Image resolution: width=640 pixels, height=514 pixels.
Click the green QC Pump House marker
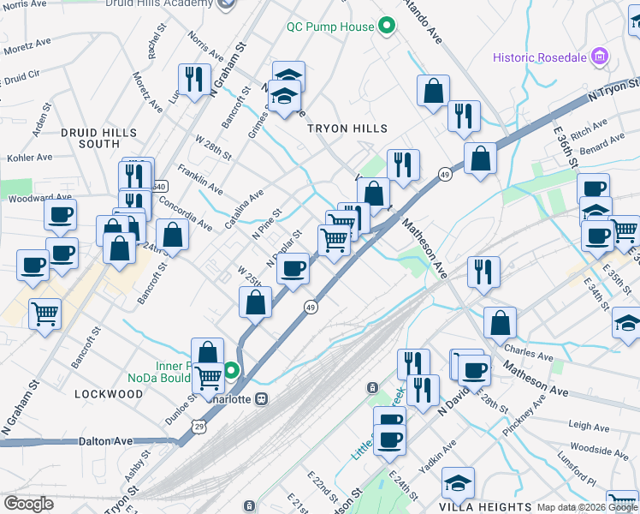pos(386,26)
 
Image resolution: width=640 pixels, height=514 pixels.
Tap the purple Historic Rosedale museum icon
pos(601,57)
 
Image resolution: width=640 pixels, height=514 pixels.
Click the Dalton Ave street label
pos(106,440)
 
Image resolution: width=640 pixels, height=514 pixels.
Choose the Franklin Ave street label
pos(200,180)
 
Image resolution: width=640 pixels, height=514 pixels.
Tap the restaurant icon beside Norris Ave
pos(194,79)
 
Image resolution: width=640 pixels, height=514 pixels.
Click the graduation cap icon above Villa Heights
pos(458,483)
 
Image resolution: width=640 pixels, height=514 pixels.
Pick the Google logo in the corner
pos(28,504)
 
